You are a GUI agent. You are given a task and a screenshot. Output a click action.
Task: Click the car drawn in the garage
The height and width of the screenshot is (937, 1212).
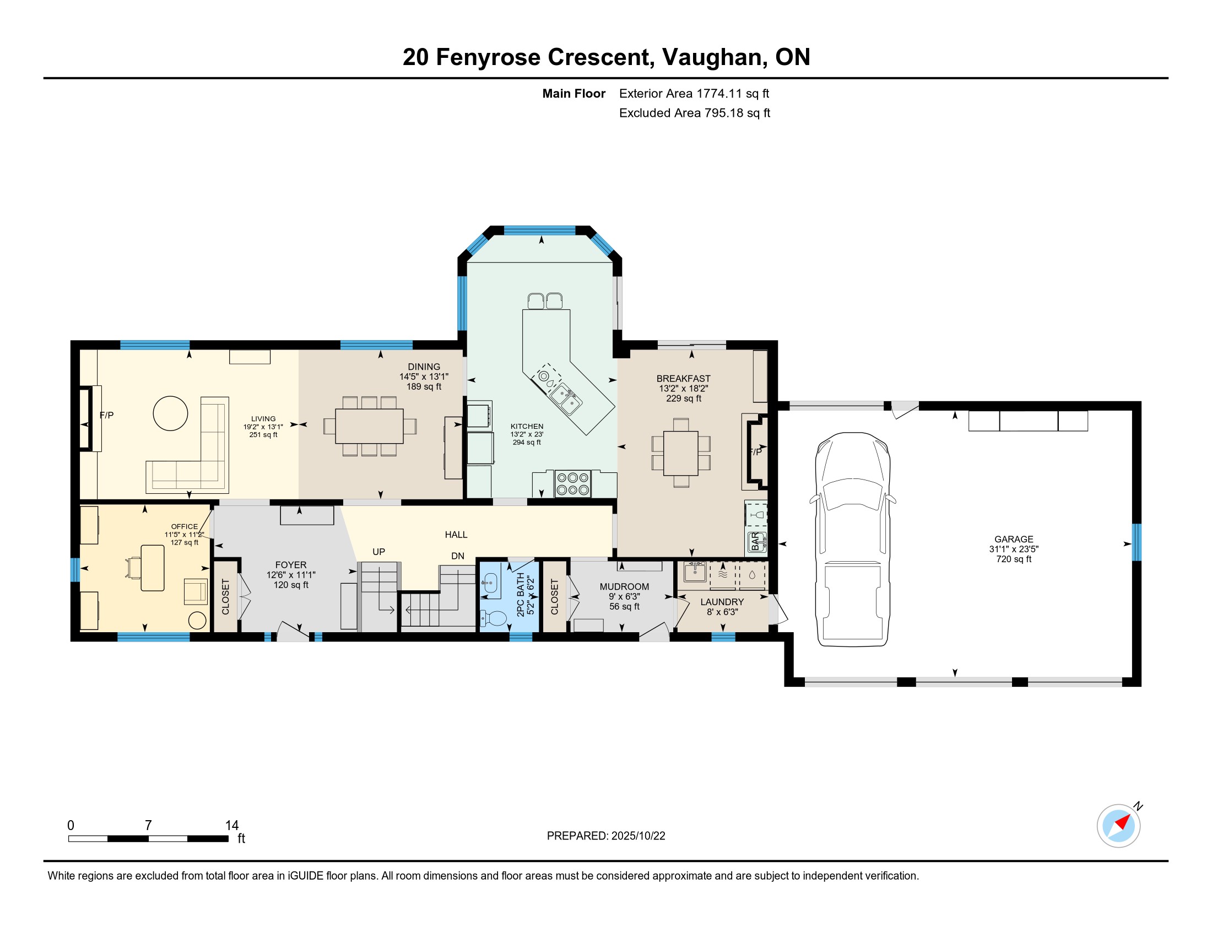852,540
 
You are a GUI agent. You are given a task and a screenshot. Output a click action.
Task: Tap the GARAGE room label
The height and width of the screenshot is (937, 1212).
1013,539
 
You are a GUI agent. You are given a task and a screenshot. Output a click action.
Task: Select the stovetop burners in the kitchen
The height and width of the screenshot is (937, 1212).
573,483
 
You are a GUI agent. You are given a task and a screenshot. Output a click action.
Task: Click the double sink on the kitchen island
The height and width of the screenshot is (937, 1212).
566,398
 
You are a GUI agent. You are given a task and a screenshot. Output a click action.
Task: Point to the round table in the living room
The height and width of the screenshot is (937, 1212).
170,413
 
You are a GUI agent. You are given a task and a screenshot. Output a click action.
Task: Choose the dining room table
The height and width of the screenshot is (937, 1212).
369,426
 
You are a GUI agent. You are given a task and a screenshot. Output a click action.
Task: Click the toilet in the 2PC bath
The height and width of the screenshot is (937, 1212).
494,617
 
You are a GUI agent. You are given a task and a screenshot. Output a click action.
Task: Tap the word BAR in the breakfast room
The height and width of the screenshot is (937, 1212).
755,541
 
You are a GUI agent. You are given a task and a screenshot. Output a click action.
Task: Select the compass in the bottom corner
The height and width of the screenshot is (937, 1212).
1119,826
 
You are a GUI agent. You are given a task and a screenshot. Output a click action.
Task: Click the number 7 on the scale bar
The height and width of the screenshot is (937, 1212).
148,826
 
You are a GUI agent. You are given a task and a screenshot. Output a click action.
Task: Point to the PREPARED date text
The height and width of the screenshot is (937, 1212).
606,836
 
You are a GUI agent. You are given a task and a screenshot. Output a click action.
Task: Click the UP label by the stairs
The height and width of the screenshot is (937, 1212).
378,552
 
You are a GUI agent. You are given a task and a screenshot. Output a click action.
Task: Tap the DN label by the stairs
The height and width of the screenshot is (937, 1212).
457,556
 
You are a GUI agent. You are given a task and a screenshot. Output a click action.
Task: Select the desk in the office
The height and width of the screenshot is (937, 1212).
153,568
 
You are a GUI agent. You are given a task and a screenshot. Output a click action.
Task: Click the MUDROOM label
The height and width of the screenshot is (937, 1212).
624,587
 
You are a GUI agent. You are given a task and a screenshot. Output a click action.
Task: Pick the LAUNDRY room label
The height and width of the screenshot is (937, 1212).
722,602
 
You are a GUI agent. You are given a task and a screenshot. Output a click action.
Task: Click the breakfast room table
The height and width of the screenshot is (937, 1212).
681,453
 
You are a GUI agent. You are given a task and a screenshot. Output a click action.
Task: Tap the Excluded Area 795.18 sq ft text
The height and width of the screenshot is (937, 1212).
695,113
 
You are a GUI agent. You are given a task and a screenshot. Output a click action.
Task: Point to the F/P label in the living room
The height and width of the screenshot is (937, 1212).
106,415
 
